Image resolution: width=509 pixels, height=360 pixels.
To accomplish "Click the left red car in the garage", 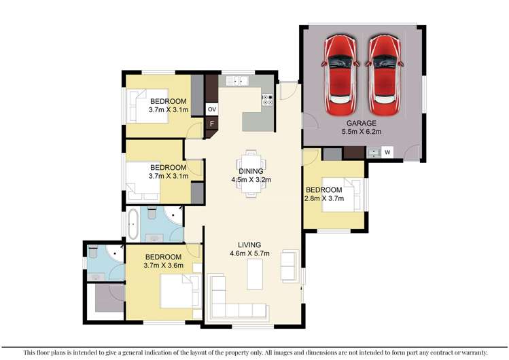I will pos(342,75).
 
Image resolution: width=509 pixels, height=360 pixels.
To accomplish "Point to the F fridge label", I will pos(211,124).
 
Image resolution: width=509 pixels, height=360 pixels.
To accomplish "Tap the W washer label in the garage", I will pos(387,153).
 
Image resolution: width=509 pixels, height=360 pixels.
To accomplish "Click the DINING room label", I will pos(251,171).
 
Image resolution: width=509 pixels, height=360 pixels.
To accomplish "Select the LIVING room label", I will pos(250,245).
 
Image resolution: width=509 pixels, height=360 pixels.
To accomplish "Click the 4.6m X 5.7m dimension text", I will pos(250,254).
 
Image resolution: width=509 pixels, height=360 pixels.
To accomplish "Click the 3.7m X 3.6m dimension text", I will pos(163,266).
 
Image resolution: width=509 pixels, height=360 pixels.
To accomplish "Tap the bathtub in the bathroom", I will pos(133,224).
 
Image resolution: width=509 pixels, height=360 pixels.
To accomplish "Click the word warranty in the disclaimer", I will pos(468,352).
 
